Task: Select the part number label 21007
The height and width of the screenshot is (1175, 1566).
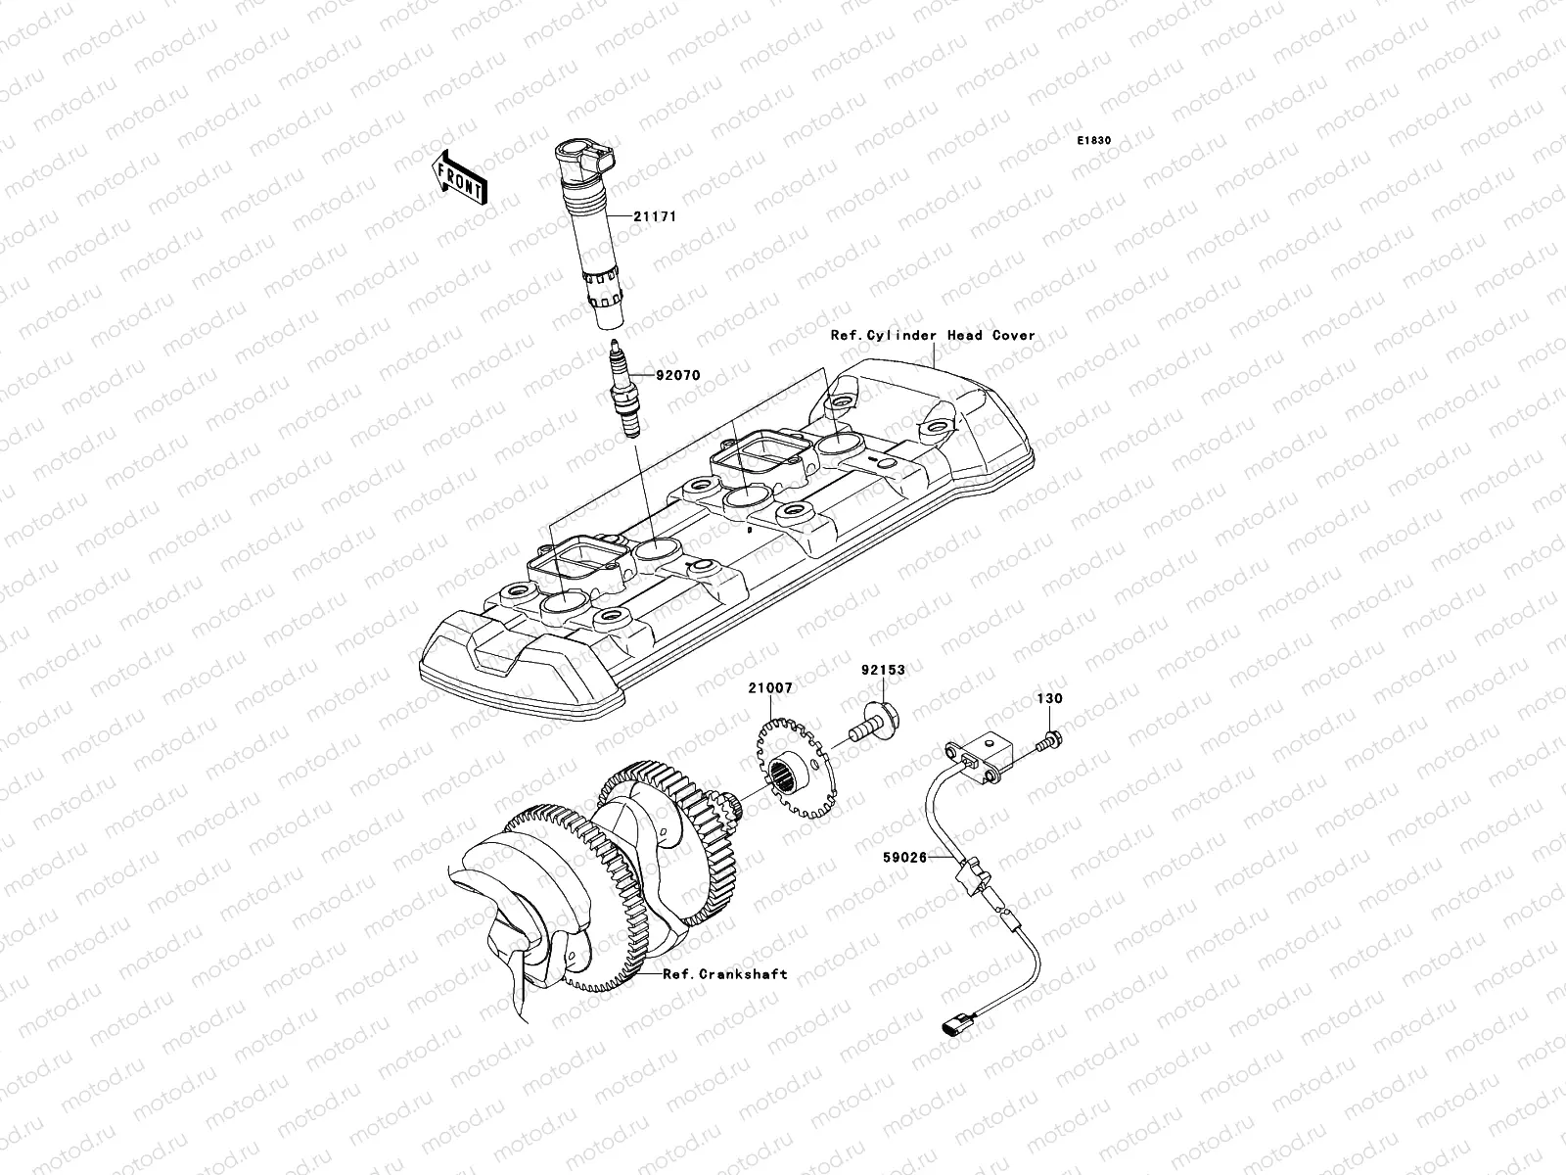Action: pos(771,689)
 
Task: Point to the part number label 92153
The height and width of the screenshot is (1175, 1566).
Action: pos(883,671)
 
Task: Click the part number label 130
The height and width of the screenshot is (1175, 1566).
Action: pos(1050,699)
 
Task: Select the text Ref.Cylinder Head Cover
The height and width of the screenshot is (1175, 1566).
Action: pos(932,335)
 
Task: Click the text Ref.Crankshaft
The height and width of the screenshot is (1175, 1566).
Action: pos(724,973)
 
